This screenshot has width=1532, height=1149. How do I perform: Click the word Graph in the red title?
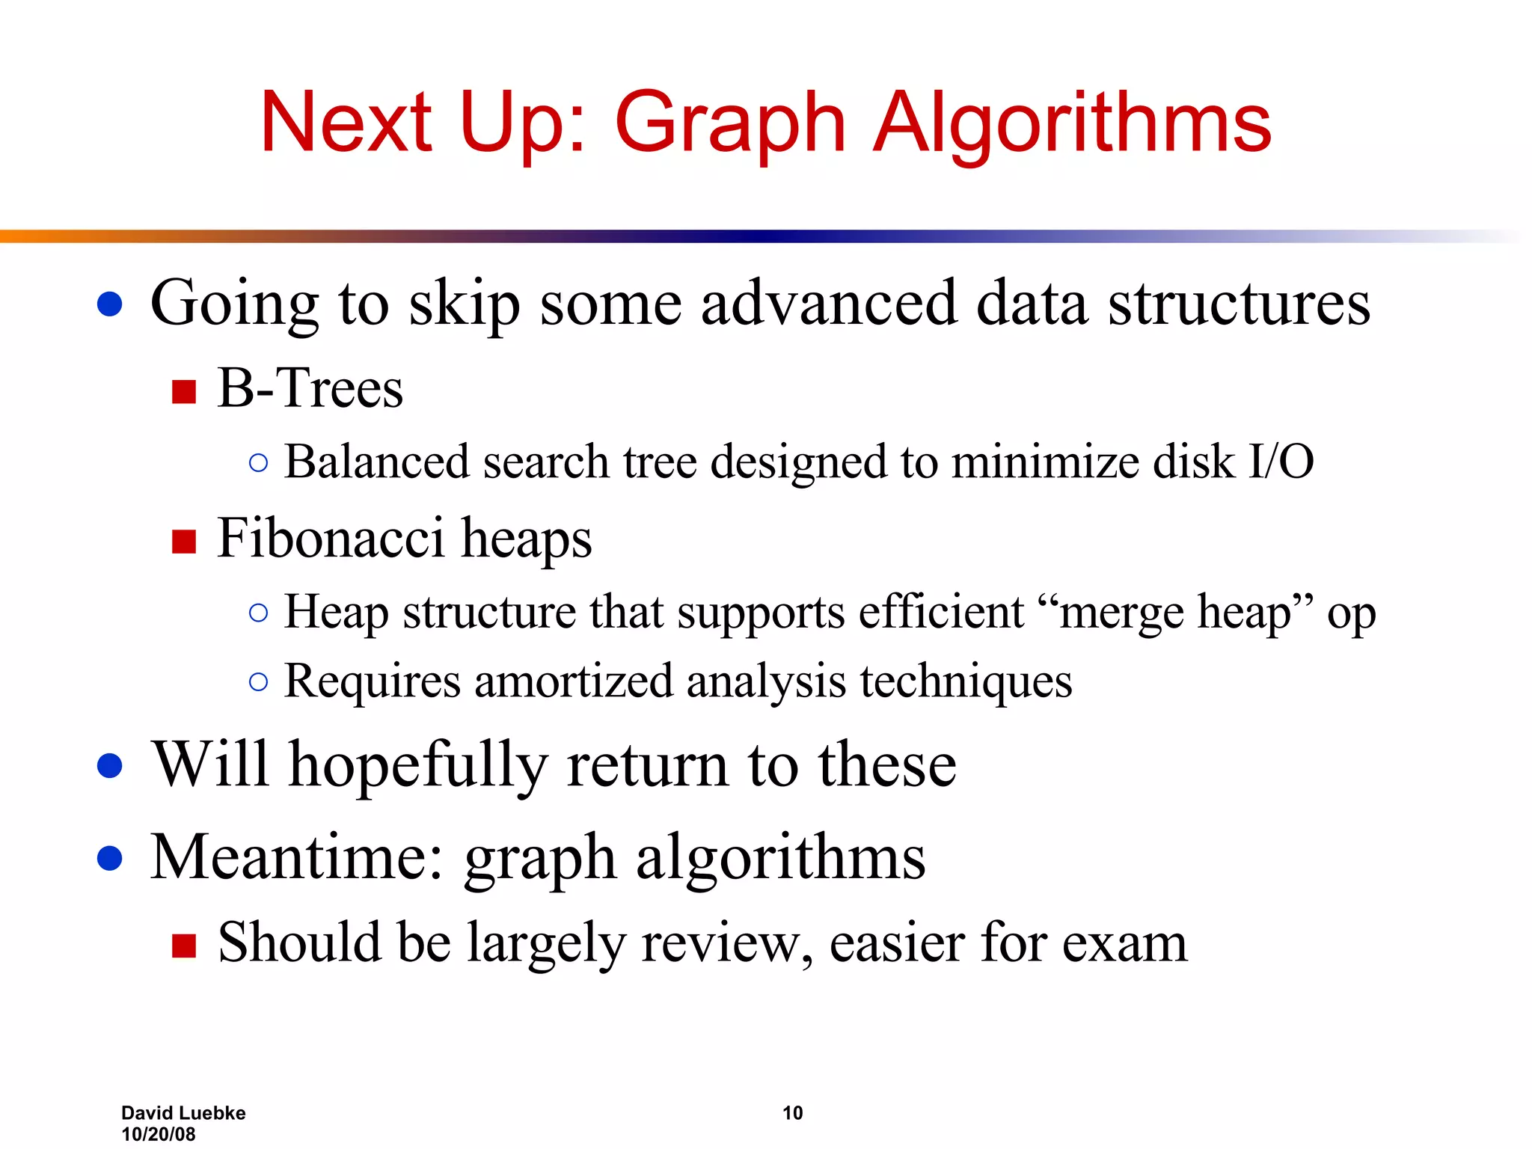point(729,123)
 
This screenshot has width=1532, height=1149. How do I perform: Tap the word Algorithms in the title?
point(1072,123)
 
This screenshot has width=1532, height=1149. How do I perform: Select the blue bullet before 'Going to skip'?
point(110,304)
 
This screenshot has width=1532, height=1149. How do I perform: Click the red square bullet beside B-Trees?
point(183,391)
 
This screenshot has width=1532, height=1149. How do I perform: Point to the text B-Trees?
point(310,389)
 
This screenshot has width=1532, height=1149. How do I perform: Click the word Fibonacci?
point(329,539)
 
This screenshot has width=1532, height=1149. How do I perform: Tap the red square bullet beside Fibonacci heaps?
point(183,541)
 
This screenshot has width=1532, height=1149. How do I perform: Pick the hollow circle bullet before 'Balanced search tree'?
point(258,463)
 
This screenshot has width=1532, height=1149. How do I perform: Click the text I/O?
point(1281,462)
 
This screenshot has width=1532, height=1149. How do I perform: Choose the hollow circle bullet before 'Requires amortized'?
point(258,681)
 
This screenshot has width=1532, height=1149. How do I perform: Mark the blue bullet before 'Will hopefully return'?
point(110,766)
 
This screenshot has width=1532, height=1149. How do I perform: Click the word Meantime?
point(297,857)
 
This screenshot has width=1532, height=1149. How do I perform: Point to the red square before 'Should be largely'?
point(183,946)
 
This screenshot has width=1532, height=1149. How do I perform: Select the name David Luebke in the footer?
point(183,1113)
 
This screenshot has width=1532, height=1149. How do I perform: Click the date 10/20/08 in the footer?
point(158,1134)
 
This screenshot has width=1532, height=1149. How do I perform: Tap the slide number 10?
point(792,1113)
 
